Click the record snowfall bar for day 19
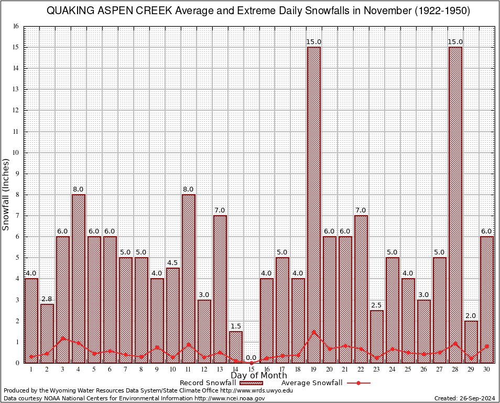[314, 205]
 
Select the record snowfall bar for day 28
[455, 205]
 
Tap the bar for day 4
[79, 278]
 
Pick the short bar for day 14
[236, 347]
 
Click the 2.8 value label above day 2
[47, 299]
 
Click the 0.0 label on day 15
[252, 357]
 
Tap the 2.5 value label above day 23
[377, 305]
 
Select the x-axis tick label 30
[487, 369]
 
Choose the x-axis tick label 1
[31, 369]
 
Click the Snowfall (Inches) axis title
[6, 194]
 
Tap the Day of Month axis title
[259, 376]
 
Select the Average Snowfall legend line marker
[358, 383]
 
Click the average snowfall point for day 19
[314, 332]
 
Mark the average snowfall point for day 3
[63, 338]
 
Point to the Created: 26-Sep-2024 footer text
[465, 398]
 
